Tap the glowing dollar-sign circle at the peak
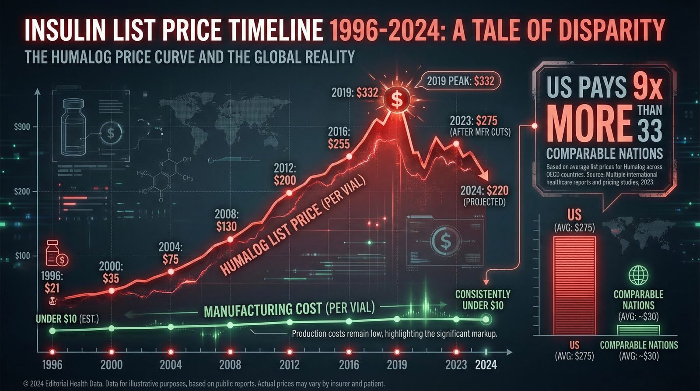point(397,100)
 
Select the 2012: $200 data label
point(285,174)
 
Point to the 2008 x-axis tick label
point(230,364)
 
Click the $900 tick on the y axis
point(22,127)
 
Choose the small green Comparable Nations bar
point(638,330)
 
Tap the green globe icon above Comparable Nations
point(638,276)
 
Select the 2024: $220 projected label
point(484,196)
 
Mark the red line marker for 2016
point(349,156)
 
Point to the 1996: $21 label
point(52,282)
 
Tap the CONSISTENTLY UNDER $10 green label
point(483,300)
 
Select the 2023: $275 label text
point(479,125)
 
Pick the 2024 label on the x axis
point(486,364)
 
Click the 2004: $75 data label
point(171,254)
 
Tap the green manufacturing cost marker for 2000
point(112,328)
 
